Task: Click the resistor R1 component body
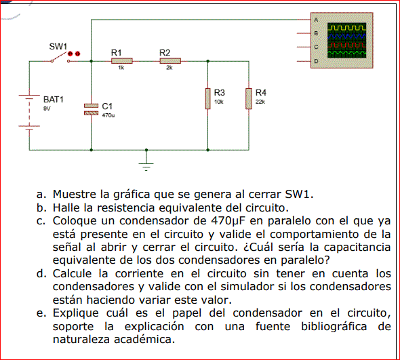(x=121, y=61)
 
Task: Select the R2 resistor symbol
(x=170, y=61)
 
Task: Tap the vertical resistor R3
(x=208, y=99)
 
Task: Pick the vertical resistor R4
(x=249, y=99)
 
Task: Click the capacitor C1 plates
(x=91, y=109)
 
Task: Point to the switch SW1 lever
(x=60, y=57)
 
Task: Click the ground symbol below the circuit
(x=146, y=166)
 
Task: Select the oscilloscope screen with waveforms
(x=346, y=40)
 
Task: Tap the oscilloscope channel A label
(x=316, y=20)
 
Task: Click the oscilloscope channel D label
(x=316, y=61)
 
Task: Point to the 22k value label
(x=260, y=102)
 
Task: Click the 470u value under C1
(x=108, y=115)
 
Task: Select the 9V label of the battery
(x=47, y=108)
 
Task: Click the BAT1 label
(x=54, y=99)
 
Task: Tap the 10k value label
(x=219, y=102)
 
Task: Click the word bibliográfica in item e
(x=334, y=327)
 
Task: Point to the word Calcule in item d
(x=72, y=274)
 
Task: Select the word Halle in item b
(x=66, y=207)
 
